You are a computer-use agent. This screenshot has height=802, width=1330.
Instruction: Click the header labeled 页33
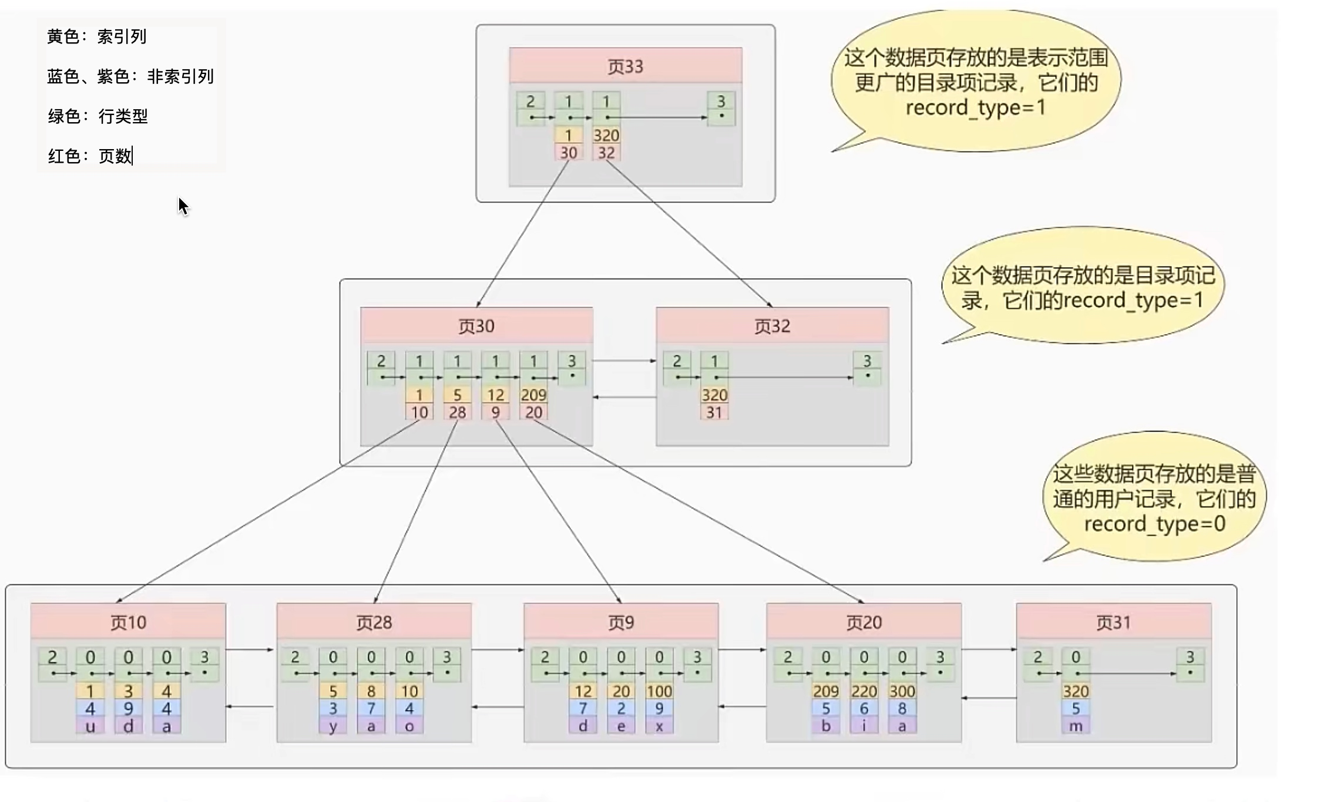(x=625, y=66)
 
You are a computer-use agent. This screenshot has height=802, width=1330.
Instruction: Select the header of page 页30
(x=476, y=326)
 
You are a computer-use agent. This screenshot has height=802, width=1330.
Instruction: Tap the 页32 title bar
(x=772, y=326)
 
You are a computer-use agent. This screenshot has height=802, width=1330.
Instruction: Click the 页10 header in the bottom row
(x=128, y=622)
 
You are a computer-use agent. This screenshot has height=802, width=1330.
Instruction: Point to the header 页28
(x=374, y=622)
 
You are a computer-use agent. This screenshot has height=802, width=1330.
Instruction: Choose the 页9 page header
(x=621, y=622)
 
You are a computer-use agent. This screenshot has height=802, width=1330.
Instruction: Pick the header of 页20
(x=864, y=622)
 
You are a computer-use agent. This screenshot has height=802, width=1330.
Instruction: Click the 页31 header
(x=1113, y=622)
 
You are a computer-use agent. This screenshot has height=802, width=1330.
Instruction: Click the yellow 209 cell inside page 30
(x=533, y=395)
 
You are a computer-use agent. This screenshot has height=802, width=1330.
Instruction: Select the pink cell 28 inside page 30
(x=457, y=412)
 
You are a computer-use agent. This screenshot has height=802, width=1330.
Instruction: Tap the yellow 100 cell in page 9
(x=659, y=691)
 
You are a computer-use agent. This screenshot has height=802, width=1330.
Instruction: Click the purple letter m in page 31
(x=1076, y=726)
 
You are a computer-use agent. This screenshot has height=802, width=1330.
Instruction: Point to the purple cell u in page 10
(x=90, y=726)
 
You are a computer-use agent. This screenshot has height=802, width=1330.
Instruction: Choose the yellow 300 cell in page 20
(x=902, y=691)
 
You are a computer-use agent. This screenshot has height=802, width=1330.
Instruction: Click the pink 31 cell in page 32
(x=714, y=412)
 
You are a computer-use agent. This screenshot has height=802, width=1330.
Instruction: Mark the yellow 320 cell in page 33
(x=606, y=135)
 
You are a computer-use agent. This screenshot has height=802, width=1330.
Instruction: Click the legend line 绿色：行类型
(x=98, y=116)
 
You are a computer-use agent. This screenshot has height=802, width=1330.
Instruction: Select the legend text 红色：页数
(x=90, y=156)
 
